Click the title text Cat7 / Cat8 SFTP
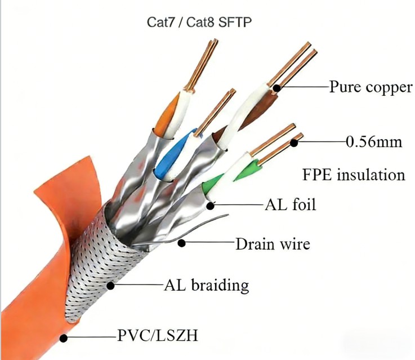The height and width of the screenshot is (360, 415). [199, 22]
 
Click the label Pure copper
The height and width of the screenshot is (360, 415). [371, 87]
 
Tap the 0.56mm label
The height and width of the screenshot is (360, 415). [374, 142]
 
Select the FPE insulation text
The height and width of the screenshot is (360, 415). [354, 175]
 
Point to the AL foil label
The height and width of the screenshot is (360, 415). [291, 205]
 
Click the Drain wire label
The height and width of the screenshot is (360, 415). [273, 244]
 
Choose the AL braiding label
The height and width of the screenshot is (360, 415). [207, 286]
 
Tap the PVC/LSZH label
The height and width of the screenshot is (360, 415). [158, 335]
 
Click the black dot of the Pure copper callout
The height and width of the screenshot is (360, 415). [277, 88]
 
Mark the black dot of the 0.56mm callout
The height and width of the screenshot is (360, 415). [294, 143]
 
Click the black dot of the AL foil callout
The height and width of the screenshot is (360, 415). [211, 206]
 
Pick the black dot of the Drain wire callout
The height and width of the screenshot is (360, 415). [181, 243]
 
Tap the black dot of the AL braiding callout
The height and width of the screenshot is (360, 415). [110, 286]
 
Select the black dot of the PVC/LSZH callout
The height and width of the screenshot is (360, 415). [64, 338]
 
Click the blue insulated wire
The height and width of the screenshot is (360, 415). [173, 156]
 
